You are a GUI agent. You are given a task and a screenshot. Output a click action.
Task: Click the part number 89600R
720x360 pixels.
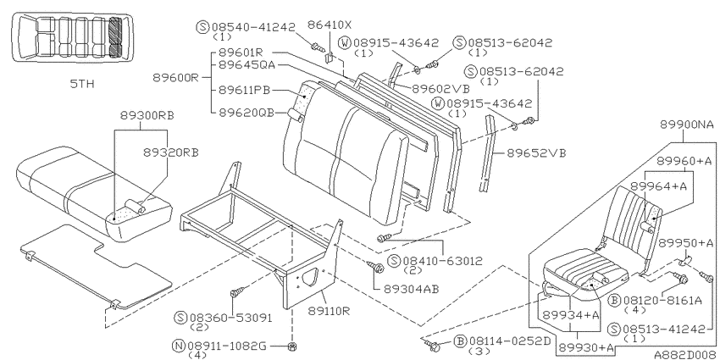[175, 77]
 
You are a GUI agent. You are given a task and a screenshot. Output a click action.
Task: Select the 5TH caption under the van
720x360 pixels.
[82, 84]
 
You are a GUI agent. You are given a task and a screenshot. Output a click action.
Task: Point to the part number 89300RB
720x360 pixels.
[147, 115]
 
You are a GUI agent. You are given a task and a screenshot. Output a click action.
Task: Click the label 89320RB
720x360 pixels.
[171, 152]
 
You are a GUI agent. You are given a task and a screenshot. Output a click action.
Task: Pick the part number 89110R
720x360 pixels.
[329, 311]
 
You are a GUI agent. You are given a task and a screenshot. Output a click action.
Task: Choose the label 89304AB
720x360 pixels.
[412, 289]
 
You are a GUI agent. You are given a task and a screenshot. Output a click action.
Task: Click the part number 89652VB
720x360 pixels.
[536, 153]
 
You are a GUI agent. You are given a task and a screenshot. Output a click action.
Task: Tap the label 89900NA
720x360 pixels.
[688, 124]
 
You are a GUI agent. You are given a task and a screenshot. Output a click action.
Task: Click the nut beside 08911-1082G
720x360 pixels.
[291, 346]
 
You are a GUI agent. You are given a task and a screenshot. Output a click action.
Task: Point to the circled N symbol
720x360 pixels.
[179, 346]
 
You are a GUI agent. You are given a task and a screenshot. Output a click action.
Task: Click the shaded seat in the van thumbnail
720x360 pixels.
[116, 37]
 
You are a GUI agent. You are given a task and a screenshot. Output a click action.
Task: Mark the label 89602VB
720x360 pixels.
[440, 89]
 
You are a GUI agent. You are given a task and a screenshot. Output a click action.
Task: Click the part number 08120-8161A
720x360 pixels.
[662, 301]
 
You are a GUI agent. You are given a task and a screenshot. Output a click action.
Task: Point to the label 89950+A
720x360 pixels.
[686, 243]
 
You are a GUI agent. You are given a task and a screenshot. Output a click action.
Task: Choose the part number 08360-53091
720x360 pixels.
[230, 318]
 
